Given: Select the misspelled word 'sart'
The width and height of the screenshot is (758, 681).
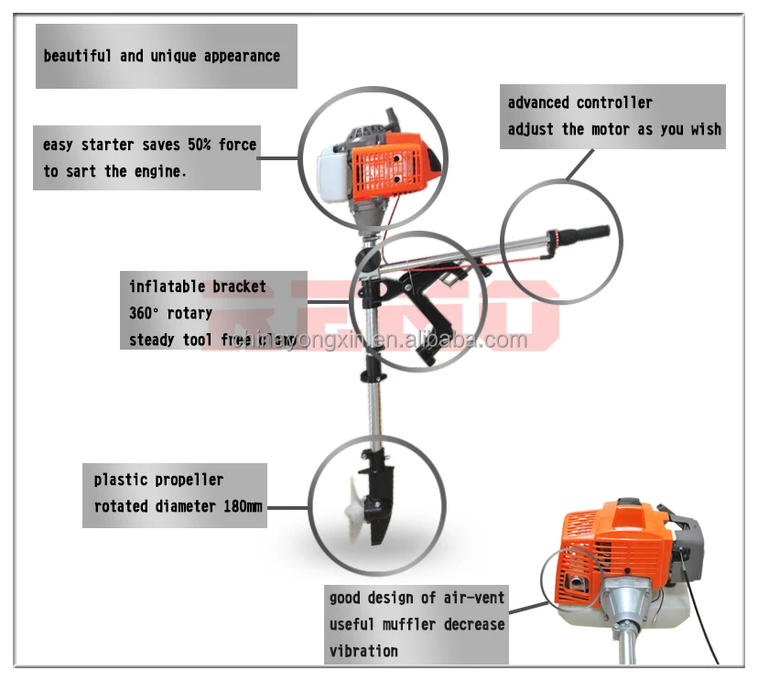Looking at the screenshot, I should (81, 171).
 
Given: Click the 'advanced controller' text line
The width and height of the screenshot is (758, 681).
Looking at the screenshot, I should (579, 103).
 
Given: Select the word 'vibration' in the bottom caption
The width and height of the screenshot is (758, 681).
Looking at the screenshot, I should (363, 651).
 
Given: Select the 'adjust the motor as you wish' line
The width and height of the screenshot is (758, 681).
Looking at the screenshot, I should (614, 129).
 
